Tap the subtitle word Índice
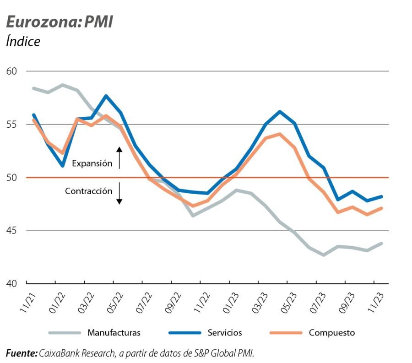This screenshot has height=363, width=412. pos(23,41)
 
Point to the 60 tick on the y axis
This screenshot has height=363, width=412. pos(11,71)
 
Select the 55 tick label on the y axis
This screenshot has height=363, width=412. pos(11,125)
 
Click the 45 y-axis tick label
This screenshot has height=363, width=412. pos(11,231)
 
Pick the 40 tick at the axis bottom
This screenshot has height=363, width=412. pos(11,284)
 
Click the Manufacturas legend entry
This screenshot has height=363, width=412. pos(114,333)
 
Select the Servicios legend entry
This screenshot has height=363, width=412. pos(224,333)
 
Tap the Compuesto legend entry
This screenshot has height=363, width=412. pos(331,333)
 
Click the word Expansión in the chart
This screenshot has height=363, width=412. pos(92,163)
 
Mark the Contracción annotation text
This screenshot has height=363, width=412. pos(88,191)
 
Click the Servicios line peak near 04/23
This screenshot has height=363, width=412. pos(280,111)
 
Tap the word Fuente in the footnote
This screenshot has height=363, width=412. pos(21,353)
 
